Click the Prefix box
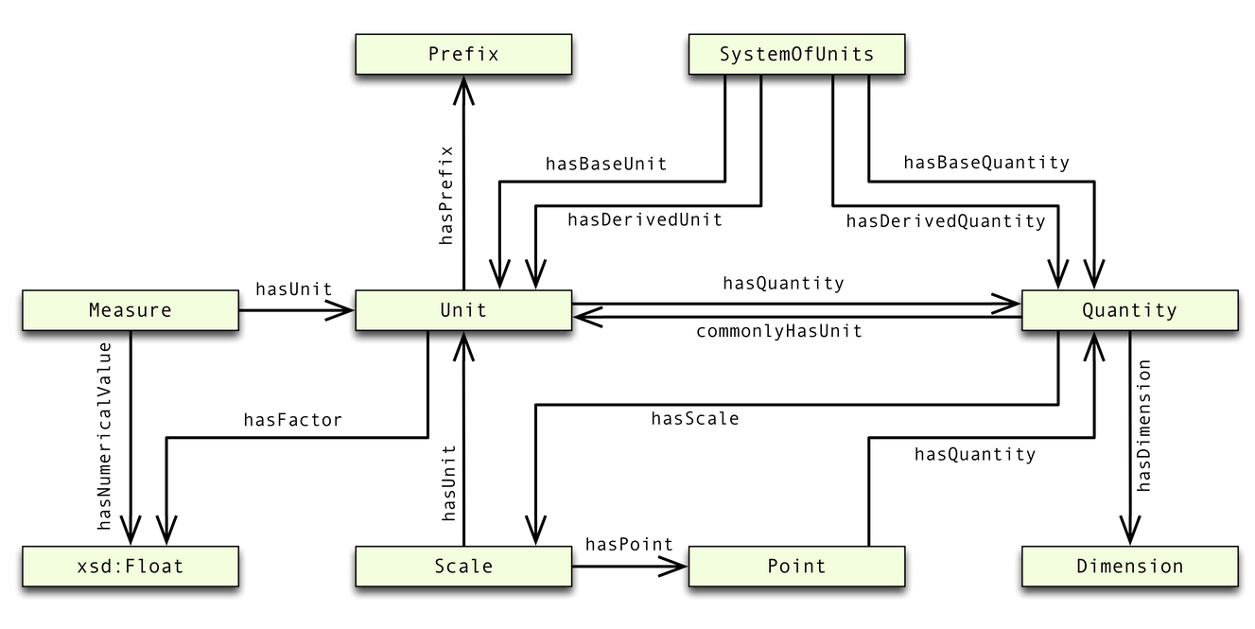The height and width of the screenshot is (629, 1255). (462, 54)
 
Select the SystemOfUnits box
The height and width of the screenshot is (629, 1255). (796, 54)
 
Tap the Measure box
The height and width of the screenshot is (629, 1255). (130, 310)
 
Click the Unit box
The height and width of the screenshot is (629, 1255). (462, 310)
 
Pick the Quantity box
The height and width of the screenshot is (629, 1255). (1129, 310)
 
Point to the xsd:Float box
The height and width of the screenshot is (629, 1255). (130, 567)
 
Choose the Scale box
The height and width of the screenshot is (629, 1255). (462, 567)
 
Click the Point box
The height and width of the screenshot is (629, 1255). (796, 567)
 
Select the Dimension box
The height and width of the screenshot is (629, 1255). (1129, 567)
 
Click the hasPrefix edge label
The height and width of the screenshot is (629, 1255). (447, 196)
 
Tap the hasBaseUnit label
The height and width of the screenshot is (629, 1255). (605, 164)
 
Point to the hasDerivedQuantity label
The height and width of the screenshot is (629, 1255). (946, 221)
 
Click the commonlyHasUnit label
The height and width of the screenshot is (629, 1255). (779, 332)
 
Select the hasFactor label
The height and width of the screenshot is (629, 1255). (292, 420)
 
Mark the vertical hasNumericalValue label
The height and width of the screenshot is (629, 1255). (105, 435)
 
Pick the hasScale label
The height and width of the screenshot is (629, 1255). (694, 418)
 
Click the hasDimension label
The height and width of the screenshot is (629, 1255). (1144, 426)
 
